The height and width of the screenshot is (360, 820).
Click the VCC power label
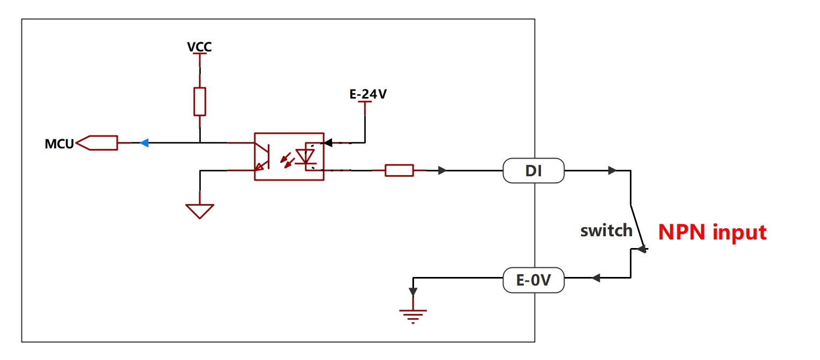pyautogui.click(x=199, y=47)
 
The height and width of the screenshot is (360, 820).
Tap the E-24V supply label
pyautogui.click(x=368, y=94)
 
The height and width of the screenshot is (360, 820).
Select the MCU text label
pyautogui.click(x=59, y=144)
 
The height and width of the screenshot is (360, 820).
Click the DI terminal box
pyautogui.click(x=533, y=171)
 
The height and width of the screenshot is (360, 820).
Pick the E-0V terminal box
pyautogui.click(x=533, y=280)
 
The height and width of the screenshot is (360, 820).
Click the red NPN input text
pyautogui.click(x=712, y=232)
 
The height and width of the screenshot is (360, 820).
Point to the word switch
pyautogui.click(x=606, y=231)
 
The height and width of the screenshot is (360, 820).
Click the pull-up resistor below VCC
pyautogui.click(x=200, y=101)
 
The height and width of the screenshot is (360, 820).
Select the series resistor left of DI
pyautogui.click(x=399, y=170)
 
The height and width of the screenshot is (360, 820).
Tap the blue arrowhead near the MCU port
pyautogui.click(x=144, y=143)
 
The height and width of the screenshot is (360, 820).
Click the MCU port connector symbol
pyautogui.click(x=97, y=143)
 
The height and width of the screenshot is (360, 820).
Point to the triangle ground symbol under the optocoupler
pyautogui.click(x=200, y=211)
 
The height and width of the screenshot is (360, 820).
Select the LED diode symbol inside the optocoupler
pyautogui.click(x=305, y=157)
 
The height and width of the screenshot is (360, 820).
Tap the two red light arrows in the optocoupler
pyautogui.click(x=288, y=160)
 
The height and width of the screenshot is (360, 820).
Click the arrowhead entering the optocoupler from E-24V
pyautogui.click(x=328, y=142)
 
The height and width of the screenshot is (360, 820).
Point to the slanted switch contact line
pyautogui.click(x=637, y=226)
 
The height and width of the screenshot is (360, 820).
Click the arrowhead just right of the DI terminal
pyautogui.click(x=612, y=170)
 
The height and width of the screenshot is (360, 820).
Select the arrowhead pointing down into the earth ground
pyautogui.click(x=413, y=292)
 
